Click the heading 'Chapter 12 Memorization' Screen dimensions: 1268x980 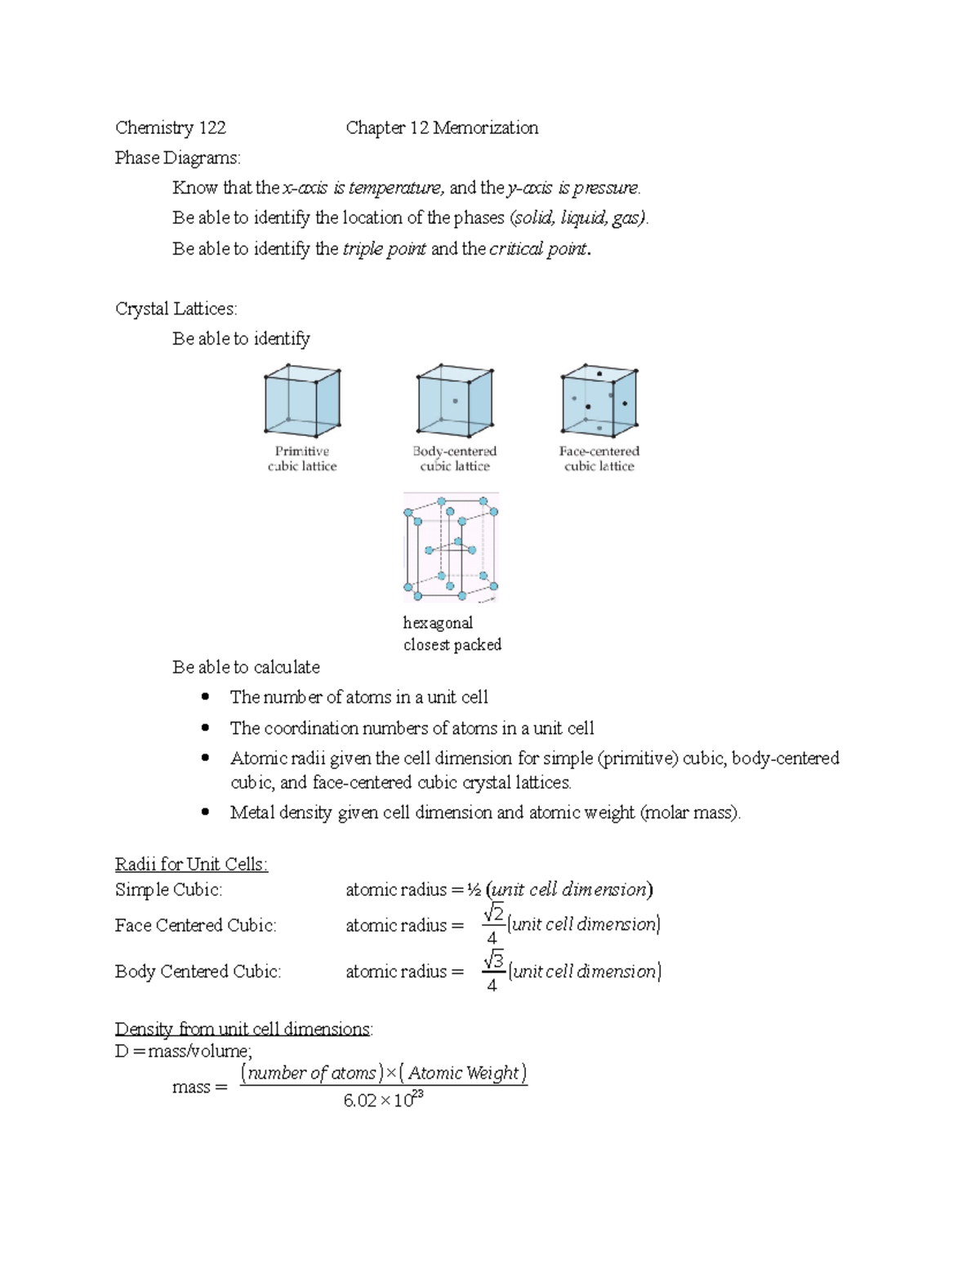click(x=442, y=127)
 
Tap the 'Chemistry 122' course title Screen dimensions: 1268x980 click(x=171, y=127)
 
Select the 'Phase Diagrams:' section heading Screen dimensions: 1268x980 click(x=178, y=158)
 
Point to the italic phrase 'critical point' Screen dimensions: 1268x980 click(x=537, y=249)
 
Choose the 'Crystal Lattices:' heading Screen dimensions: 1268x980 click(x=176, y=309)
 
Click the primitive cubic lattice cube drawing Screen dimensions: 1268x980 click(x=302, y=401)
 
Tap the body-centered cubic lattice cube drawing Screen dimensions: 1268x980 click(x=455, y=401)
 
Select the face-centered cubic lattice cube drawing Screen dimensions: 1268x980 click(x=599, y=401)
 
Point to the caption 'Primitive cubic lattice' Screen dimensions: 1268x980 click(x=302, y=459)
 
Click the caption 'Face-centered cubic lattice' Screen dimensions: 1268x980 click(x=599, y=459)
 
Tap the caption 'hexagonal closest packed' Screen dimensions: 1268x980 click(x=452, y=634)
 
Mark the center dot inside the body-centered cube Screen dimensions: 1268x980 click(x=455, y=401)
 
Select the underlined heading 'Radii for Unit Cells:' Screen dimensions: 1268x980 click(x=191, y=865)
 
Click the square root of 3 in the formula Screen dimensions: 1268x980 click(x=493, y=960)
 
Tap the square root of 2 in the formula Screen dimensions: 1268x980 click(x=493, y=914)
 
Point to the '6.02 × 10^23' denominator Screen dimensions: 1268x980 click(x=384, y=1101)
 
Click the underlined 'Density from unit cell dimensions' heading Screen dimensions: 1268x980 click(x=243, y=1029)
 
